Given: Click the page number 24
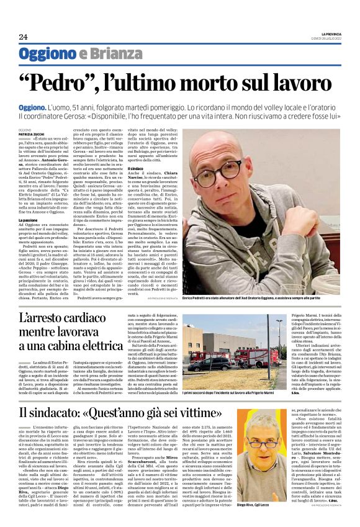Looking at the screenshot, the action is point(23,37).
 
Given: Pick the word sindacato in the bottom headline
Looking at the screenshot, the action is point(88,413).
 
